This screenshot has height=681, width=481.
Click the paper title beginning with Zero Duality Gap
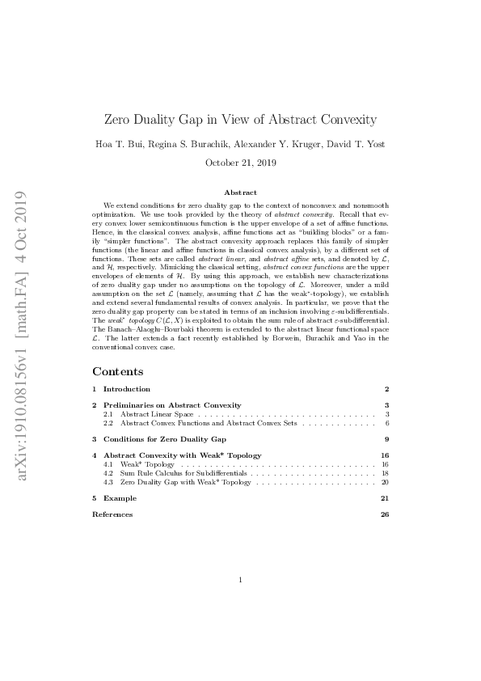tap(241, 120)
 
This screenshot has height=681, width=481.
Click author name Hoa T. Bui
tap(142, 144)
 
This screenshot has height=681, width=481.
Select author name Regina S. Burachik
tap(206, 144)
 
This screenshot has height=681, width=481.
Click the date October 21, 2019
tap(241, 163)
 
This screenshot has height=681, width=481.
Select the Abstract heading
tap(240, 192)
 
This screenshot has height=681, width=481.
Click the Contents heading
tap(117, 371)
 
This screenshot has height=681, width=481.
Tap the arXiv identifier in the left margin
tap(22, 336)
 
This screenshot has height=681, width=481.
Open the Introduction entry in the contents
tap(127, 389)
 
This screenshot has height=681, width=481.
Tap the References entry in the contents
tap(112, 514)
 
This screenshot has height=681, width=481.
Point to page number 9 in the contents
tap(387, 439)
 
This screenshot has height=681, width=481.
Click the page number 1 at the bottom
tap(241, 580)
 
